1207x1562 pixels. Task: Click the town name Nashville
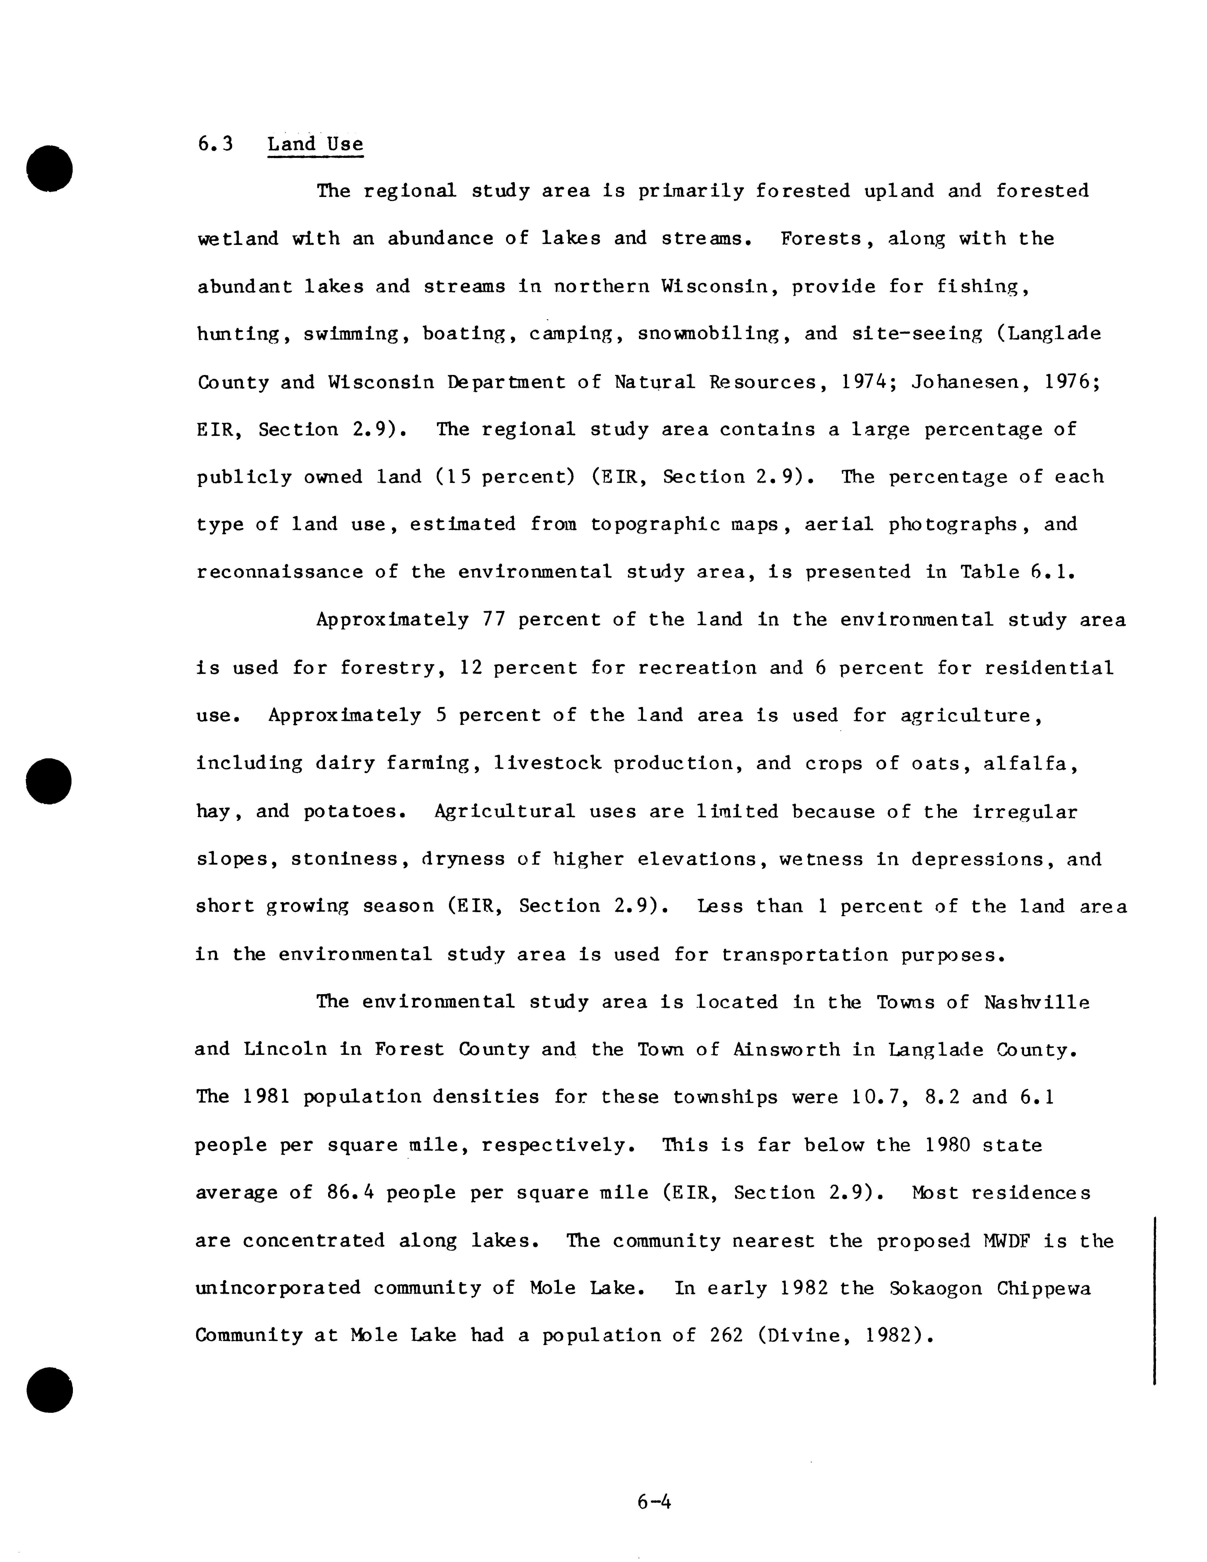[1036, 1002]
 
